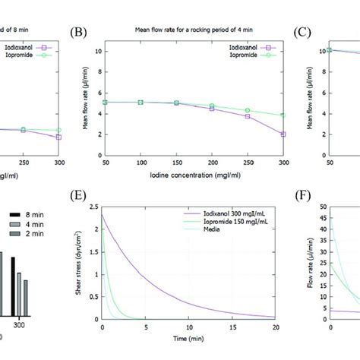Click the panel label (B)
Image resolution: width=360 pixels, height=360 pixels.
(77, 33)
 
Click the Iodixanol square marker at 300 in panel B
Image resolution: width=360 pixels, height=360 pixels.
(282, 134)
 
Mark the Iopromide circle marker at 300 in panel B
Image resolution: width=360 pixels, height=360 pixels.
(282, 115)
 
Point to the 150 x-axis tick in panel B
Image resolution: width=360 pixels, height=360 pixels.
(176, 163)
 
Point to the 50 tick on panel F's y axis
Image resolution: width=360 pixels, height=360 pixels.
(321, 207)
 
